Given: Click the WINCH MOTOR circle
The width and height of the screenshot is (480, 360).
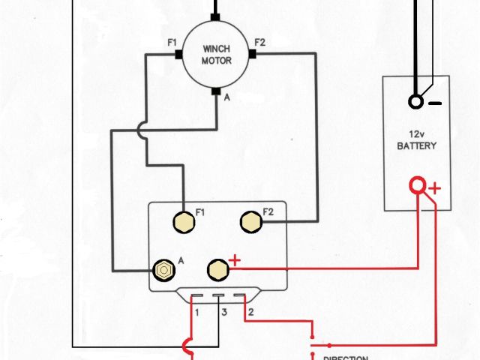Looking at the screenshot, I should coord(216,54).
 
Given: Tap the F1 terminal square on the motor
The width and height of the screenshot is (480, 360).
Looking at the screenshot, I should coord(179,54).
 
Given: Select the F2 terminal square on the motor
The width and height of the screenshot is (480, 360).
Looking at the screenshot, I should coord(252,54).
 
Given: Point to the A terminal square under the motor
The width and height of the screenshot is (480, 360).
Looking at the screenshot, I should coord(216,92).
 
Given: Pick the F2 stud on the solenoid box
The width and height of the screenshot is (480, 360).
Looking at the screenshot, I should coord(250,220).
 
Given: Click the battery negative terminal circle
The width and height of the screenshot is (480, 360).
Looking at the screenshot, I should coord(415,103).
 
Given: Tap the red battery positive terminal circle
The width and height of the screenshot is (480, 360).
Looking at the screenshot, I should coord(417,185).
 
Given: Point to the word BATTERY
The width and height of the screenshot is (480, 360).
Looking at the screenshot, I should coord(416,145).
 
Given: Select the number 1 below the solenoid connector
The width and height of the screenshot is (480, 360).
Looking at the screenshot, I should coord(196,310).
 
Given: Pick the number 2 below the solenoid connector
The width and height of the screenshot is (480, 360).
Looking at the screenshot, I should coord(250,310).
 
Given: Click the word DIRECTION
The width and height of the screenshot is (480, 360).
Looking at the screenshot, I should coord(346,357).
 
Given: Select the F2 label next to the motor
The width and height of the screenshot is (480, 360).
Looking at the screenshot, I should coord(260,41).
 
